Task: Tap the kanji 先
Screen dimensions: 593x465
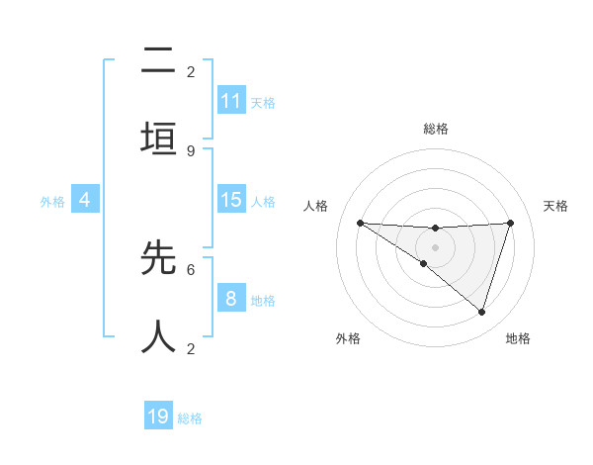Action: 159,257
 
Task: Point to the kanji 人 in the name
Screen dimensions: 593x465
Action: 159,336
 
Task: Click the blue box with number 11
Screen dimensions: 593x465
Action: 231,101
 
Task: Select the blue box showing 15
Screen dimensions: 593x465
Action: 231,200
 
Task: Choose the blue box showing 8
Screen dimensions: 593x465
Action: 231,299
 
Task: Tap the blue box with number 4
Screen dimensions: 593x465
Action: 85,200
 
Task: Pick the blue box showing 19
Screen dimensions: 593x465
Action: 159,417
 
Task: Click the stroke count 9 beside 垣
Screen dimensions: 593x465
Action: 191,151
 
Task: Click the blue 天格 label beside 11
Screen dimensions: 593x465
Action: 263,102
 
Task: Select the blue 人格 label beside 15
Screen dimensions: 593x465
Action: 263,201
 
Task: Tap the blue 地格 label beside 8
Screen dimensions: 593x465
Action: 263,300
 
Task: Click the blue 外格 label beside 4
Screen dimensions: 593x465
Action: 52,201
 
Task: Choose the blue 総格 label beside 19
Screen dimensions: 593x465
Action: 190,418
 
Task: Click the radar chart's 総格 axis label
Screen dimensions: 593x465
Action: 435,129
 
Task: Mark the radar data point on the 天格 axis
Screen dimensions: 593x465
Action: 511,223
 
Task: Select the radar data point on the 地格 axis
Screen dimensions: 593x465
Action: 482,312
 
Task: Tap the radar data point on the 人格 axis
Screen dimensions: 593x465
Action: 360,223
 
